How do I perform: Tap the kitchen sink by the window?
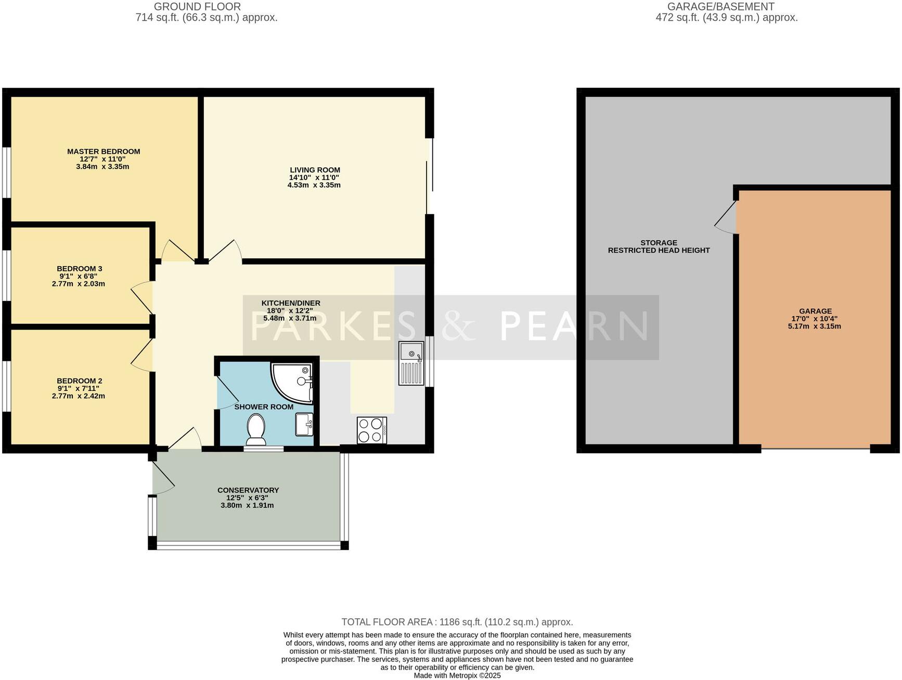411,363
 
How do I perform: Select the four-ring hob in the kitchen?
371,430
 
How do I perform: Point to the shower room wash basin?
304,424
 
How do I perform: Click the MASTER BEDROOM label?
104,151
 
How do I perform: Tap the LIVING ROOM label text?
315,169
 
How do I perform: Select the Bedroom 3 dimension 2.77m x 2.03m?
79,284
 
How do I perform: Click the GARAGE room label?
815,311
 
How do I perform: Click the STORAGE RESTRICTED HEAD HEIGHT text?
659,246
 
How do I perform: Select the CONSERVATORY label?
248,490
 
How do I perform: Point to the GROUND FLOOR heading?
197,7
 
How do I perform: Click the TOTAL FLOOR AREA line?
457,622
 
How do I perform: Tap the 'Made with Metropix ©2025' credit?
457,675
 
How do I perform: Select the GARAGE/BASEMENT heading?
720,7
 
